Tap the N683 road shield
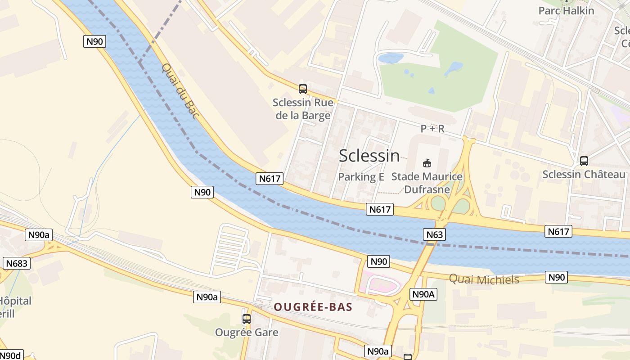[17, 263]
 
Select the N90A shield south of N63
[423, 294]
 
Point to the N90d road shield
[11, 355]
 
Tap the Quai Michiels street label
[484, 279]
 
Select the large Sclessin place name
[369, 156]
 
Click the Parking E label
[361, 177]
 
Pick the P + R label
[432, 129]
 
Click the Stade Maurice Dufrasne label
[427, 183]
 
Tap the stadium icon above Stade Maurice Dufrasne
[427, 163]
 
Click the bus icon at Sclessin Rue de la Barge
[303, 89]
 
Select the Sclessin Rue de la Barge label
[303, 109]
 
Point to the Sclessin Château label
[584, 175]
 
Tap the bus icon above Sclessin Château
[584, 161]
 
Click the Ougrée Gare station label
[247, 333]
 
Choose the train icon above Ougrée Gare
[247, 319]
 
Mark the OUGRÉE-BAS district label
[313, 307]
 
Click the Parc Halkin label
[566, 10]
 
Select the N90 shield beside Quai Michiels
[556, 277]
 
